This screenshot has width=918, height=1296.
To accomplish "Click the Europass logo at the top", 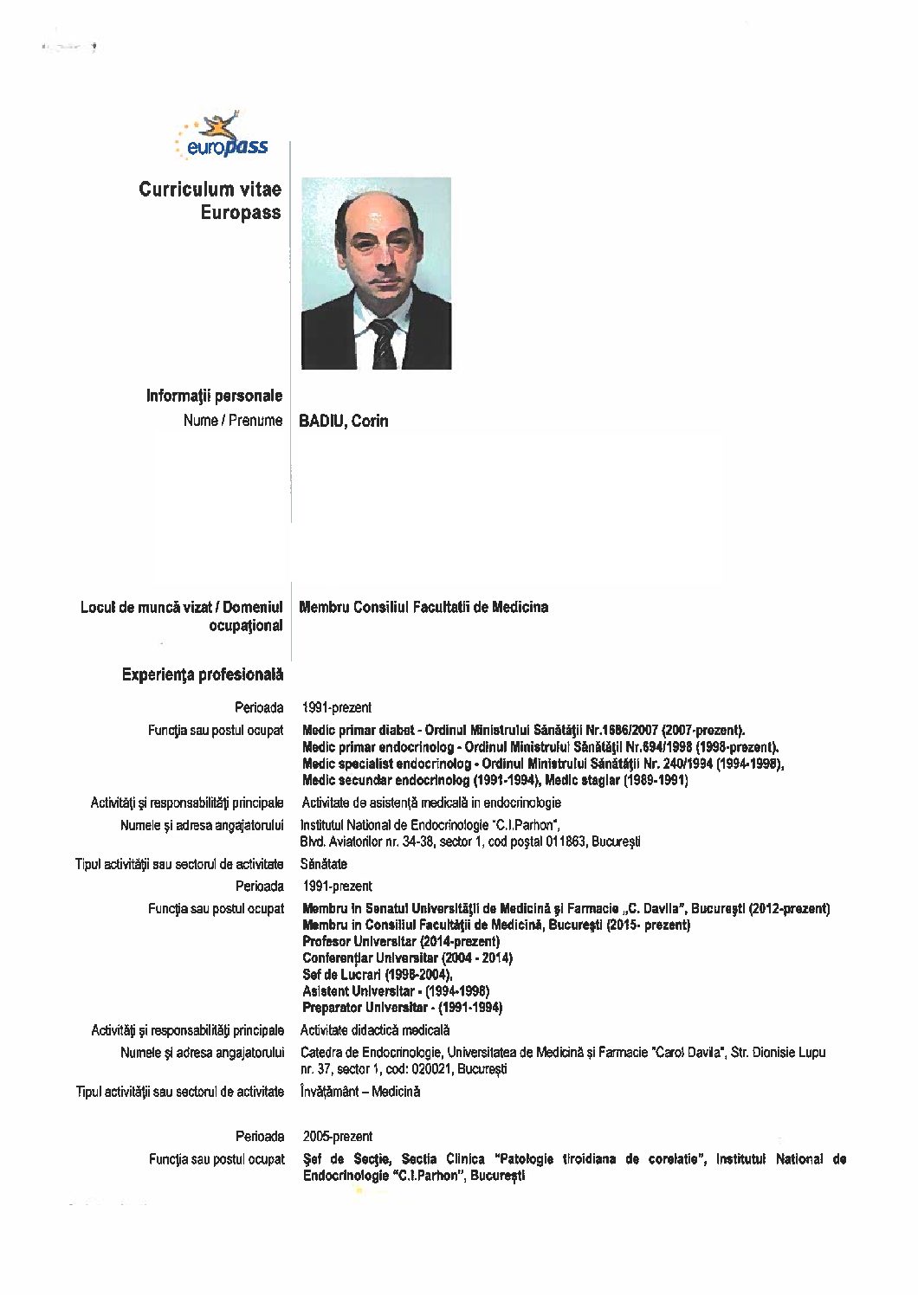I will point(223,138).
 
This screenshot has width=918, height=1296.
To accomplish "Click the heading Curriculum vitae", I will point(210,190).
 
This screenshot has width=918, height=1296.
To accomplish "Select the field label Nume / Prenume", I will point(233,421).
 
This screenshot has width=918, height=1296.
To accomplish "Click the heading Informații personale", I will point(214,396).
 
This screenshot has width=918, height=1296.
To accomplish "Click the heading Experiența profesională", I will point(203,674).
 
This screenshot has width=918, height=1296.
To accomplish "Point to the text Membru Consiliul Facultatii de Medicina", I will point(423,607).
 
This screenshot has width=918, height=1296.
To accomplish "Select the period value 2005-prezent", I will point(338,1136).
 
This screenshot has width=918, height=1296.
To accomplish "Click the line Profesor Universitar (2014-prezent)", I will point(401,941).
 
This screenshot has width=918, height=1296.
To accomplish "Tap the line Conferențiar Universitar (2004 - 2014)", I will point(407,957).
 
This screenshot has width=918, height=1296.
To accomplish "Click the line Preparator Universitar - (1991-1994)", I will point(403,1007).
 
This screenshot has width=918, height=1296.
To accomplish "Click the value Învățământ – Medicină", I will point(360,1092).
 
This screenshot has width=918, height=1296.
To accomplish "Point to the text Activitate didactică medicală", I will point(375,1030).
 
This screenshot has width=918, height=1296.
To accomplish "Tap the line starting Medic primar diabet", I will point(523,731).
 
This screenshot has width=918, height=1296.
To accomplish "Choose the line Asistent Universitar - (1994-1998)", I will point(396,990).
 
